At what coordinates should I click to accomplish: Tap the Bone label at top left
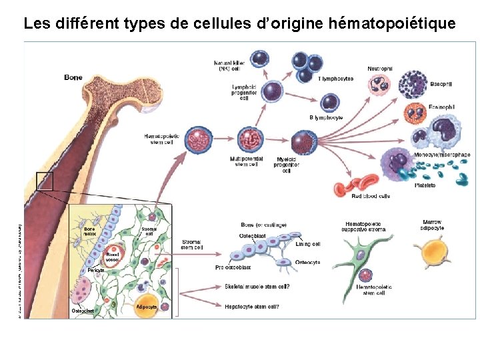click(73, 77)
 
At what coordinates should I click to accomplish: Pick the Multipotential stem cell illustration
click(248, 139)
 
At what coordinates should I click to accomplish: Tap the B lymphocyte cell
click(329, 103)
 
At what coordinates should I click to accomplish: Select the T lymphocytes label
click(336, 79)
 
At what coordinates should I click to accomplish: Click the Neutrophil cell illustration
click(380, 85)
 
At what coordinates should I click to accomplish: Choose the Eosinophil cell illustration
click(415, 113)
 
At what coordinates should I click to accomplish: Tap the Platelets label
click(425, 185)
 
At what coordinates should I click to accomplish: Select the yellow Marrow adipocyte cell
click(427, 254)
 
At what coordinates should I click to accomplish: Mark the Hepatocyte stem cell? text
click(252, 307)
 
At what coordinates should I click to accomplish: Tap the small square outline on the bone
click(44, 180)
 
